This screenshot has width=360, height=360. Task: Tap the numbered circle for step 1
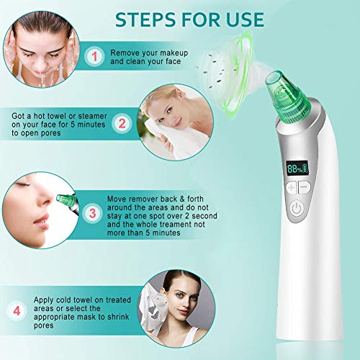click(94, 57)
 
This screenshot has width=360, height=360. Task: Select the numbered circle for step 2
click(122, 124)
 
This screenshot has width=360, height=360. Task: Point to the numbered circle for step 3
click(92, 213)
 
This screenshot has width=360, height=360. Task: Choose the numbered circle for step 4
click(17, 311)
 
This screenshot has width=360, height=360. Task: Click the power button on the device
click(297, 208)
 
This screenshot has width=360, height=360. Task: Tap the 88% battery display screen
click(297, 168)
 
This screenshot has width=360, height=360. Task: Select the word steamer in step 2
click(93, 116)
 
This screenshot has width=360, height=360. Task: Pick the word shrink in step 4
click(118, 317)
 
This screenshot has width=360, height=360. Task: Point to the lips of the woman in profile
click(42, 222)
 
